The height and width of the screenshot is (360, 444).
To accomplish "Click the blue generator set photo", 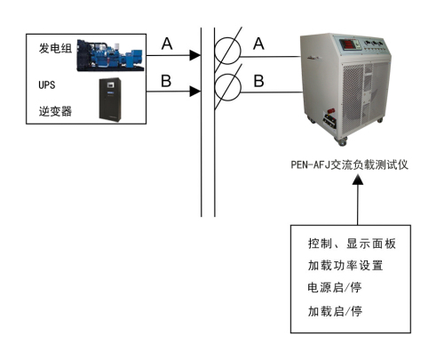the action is pos(110,55).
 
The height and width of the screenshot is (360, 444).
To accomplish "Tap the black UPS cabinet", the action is pos(110,100).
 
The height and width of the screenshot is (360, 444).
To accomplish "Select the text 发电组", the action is pos(55,48).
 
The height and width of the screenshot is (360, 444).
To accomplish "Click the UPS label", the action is pos(47,84).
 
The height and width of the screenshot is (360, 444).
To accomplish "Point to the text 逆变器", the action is pos(55,111).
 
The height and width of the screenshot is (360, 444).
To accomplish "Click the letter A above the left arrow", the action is pos(167,44).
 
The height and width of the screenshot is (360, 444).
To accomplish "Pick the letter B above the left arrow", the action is pos(166,81).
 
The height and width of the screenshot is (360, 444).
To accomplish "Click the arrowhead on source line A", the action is pos(195,55).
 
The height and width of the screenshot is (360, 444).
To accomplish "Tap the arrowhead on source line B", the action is pos(195,92).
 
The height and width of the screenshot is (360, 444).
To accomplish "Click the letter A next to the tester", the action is pos(258,44).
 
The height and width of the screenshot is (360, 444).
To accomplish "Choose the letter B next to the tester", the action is pos(258,81).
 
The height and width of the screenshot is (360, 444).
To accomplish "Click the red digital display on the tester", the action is pos(347,44).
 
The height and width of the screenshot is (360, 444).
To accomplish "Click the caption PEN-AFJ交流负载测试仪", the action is pos(350,164).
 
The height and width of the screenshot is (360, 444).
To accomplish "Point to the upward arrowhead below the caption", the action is pos(358,180).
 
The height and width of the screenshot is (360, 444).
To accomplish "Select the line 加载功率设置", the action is pos(345,265).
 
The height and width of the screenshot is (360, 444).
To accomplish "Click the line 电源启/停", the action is pos(335,287).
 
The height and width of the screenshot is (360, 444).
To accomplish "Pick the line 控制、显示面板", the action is pos(352,244).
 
